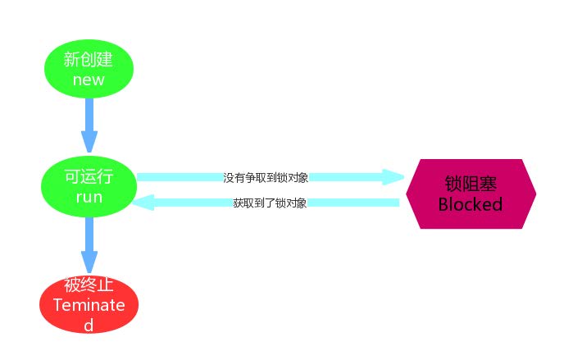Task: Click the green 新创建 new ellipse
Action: (89, 69)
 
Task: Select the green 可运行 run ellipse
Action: (89, 188)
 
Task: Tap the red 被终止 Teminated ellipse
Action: (89, 305)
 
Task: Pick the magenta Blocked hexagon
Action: (470, 194)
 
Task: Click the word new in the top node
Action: (89, 80)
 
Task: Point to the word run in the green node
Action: (89, 198)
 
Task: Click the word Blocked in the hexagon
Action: (470, 204)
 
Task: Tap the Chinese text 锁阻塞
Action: (470, 184)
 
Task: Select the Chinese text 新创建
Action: (89, 59)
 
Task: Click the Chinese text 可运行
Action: (89, 177)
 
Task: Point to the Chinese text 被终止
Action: (89, 285)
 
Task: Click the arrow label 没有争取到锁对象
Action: (265, 177)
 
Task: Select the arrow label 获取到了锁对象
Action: (270, 203)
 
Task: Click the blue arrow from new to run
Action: (89, 123)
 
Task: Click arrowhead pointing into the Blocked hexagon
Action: (394, 177)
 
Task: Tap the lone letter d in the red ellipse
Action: (89, 325)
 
